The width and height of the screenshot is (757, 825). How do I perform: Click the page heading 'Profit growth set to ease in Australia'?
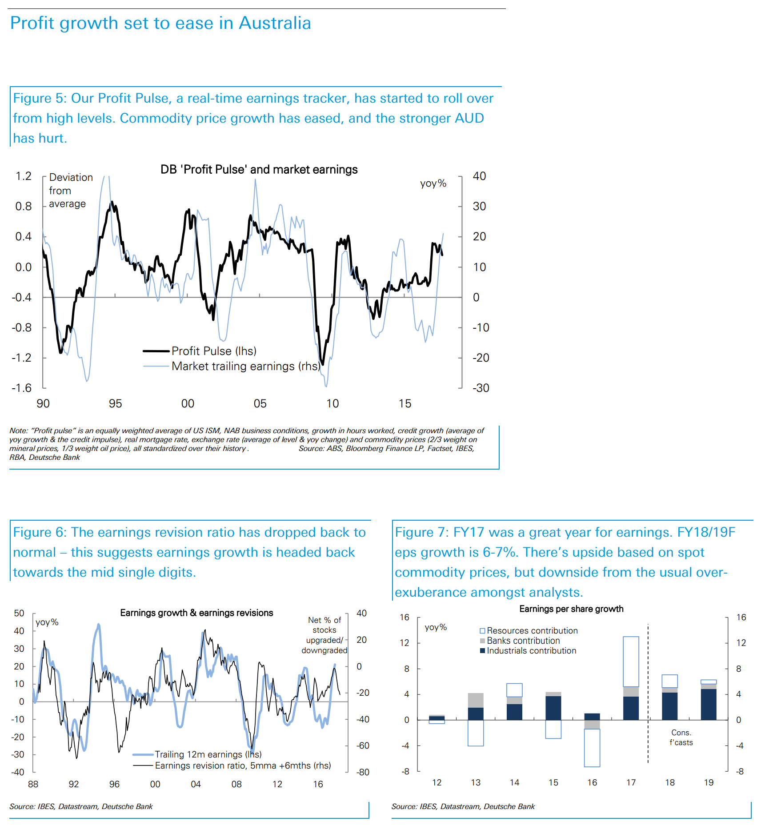(x=160, y=23)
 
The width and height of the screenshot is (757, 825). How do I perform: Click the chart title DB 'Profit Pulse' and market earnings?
(x=259, y=170)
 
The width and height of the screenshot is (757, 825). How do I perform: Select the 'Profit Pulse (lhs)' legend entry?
(x=213, y=351)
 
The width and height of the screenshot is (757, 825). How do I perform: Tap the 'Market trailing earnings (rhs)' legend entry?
(x=245, y=366)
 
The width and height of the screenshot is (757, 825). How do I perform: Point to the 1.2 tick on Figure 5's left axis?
(x=24, y=176)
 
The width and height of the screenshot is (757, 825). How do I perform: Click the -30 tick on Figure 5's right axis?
(x=481, y=388)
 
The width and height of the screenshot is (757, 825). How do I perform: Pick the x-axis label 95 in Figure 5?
(x=115, y=403)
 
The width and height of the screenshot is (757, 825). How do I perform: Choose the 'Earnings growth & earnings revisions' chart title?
(x=196, y=613)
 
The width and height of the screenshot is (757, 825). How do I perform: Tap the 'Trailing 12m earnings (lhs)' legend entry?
(x=208, y=754)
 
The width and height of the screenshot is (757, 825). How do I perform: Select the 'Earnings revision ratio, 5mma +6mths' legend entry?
(x=242, y=765)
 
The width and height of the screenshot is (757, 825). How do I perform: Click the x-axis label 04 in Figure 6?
(x=196, y=784)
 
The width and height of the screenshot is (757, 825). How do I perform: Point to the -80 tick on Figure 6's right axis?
(x=363, y=772)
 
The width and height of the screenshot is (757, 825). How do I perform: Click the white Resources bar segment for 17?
(x=631, y=662)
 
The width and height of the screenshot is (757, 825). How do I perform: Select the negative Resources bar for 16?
(x=592, y=748)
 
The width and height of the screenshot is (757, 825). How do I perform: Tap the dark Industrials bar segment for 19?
(x=709, y=704)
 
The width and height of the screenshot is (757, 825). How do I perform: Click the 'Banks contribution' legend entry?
(x=523, y=641)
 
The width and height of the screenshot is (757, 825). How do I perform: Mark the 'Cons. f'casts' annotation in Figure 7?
(x=681, y=737)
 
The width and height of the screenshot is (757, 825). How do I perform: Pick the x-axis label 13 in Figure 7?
(x=476, y=782)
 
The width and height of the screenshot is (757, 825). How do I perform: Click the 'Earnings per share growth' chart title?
(x=571, y=609)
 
